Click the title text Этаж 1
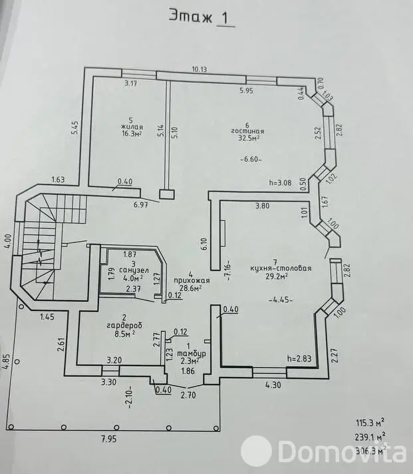[x=202, y=17]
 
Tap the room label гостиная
[x=247, y=132]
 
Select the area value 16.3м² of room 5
[x=132, y=134]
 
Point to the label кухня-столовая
[x=281, y=268]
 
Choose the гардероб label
[x=124, y=326]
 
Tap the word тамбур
[x=192, y=354]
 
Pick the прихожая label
[x=192, y=281]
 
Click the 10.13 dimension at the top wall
[x=200, y=69]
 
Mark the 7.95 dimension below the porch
[x=108, y=439]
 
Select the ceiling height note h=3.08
[x=281, y=182]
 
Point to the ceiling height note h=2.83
[x=299, y=359]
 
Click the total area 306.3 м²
[x=370, y=451]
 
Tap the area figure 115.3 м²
[x=370, y=423]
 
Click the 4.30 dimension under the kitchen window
[x=273, y=385]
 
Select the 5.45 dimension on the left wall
[x=74, y=128]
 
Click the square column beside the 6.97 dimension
[x=167, y=194]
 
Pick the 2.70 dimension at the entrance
[x=188, y=395]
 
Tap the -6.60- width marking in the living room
[x=251, y=159]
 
